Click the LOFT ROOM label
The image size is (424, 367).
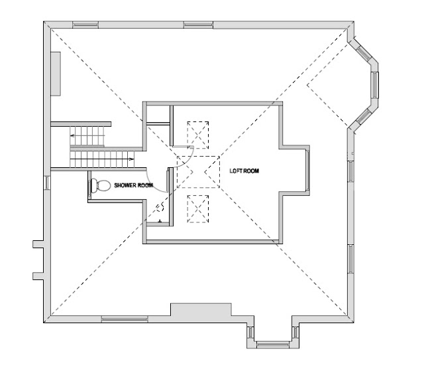[x=244, y=171]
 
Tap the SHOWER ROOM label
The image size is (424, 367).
[x=134, y=185]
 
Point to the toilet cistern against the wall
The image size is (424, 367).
[x=93, y=186]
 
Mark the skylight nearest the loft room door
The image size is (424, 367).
[x=198, y=135]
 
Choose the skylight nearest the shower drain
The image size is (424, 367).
[x=198, y=209]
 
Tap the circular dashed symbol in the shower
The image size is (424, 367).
[x=160, y=208]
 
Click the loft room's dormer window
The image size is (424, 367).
[x=307, y=170]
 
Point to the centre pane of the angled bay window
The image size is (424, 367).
[x=375, y=85]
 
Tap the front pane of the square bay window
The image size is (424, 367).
[x=272, y=344]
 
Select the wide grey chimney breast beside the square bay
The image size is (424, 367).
[x=201, y=309]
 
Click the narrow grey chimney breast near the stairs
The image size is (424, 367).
[x=56, y=74]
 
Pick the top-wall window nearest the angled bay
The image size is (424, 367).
[x=198, y=25]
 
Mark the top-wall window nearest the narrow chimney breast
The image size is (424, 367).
[x=85, y=25]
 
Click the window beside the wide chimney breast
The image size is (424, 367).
[x=125, y=319]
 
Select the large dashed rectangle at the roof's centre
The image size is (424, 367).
[x=198, y=172]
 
